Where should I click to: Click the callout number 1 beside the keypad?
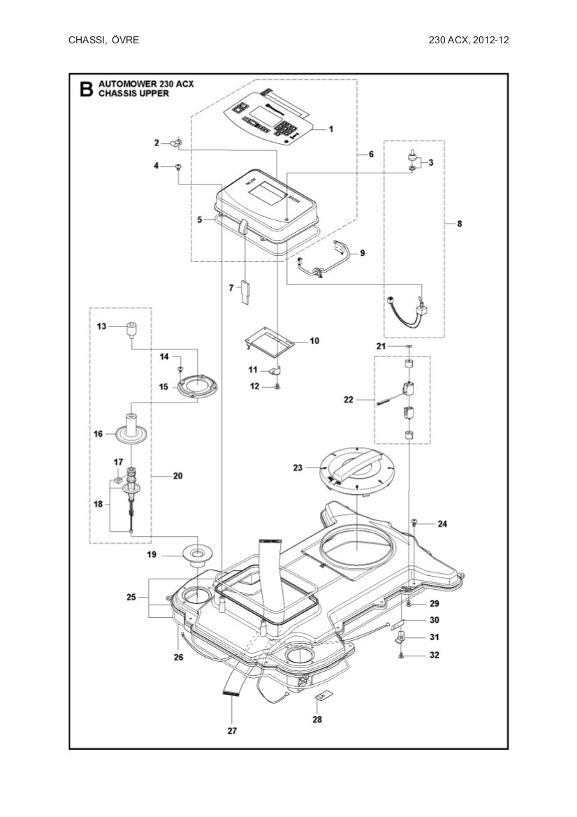pyautogui.click(x=331, y=129)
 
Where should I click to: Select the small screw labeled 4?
pyautogui.click(x=179, y=166)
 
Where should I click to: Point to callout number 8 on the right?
pyautogui.click(x=459, y=224)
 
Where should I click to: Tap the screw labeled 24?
pyautogui.click(x=414, y=521)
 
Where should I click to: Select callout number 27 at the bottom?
pyautogui.click(x=232, y=731)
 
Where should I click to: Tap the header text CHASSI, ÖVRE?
pyautogui.click(x=103, y=40)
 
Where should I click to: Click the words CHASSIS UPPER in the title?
pyautogui.click(x=134, y=93)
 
